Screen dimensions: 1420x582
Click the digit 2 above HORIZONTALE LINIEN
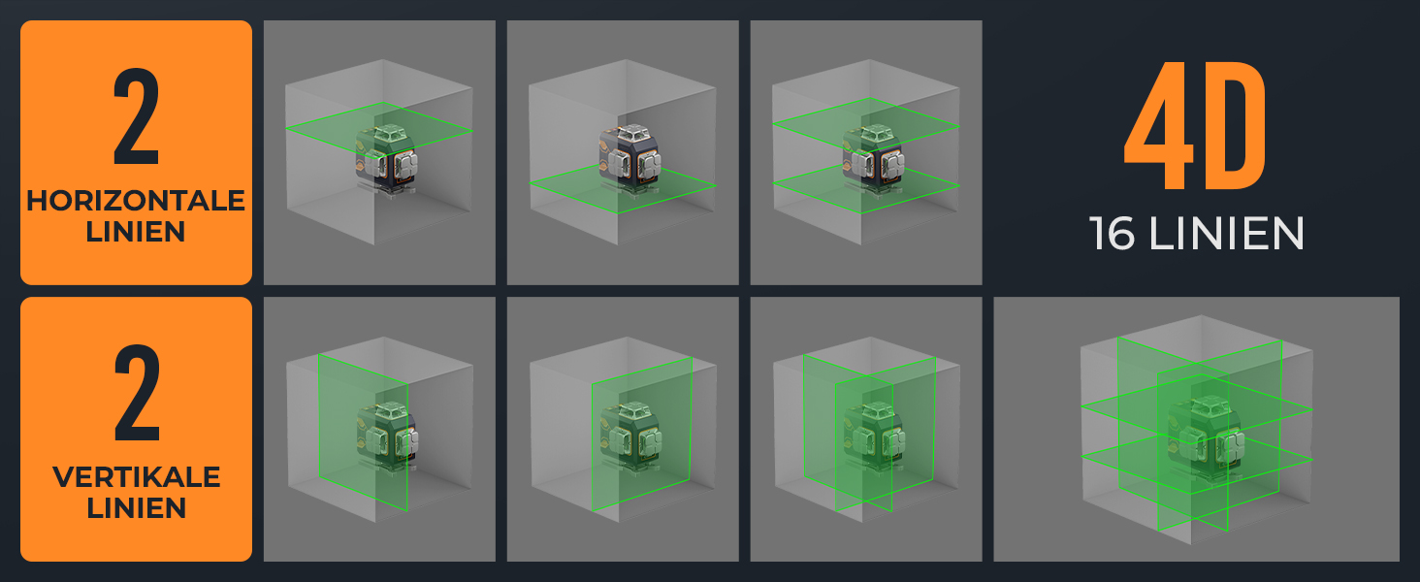(137, 116)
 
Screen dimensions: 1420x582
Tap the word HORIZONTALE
(136, 201)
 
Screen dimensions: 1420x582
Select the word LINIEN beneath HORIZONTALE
(136, 232)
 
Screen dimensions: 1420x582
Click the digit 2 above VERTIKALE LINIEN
(137, 393)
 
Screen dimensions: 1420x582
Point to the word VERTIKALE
(137, 477)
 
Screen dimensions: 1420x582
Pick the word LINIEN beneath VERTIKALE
(137, 508)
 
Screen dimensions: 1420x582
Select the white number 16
(1112, 234)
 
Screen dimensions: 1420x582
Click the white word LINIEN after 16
(1227, 234)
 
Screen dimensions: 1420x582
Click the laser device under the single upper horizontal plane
(386, 158)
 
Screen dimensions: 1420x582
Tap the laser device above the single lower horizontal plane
(629, 158)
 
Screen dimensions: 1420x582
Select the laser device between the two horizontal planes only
(873, 158)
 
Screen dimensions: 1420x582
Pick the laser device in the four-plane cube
(1205, 437)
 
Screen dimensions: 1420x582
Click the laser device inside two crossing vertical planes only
(873, 436)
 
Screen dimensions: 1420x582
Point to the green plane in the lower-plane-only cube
(623, 186)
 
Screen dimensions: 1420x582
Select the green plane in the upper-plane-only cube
(379, 130)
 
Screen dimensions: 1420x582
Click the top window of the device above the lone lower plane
(631, 134)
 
